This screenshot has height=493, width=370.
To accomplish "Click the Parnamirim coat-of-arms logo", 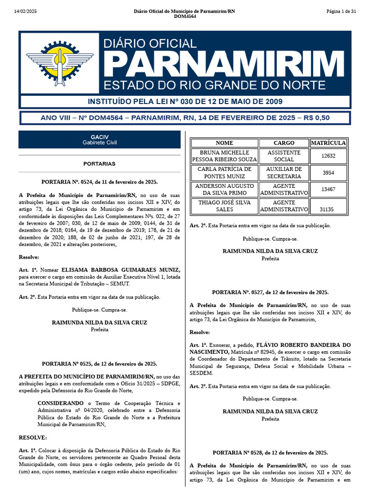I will [59, 63].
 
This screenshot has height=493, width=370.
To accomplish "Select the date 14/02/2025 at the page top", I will [26, 11].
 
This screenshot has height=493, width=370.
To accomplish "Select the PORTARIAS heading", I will [99, 164].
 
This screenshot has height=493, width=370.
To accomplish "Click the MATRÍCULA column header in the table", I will [328, 143].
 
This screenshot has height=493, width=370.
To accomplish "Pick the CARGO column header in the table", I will [284, 143].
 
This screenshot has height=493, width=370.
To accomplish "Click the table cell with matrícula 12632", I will [328, 156].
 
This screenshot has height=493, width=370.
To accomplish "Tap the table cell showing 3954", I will [328, 173].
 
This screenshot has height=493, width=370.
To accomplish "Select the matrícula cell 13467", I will [328, 189].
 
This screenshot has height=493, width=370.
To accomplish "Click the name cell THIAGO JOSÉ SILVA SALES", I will [225, 206].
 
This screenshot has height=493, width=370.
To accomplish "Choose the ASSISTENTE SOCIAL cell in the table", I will [284, 156].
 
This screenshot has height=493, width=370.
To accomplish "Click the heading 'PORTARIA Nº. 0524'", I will [100, 182].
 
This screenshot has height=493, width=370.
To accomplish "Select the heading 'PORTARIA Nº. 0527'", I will [270, 292].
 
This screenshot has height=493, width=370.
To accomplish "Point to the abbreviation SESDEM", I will [201, 373].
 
